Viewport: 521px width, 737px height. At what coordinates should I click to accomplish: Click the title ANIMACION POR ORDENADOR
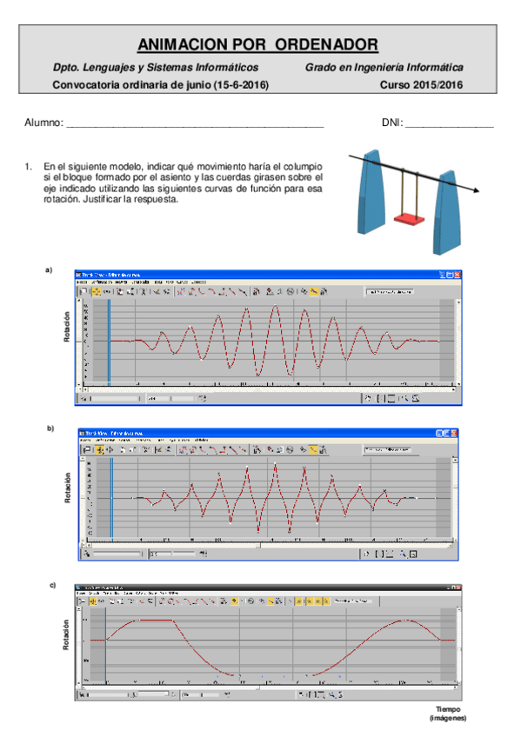click(258, 44)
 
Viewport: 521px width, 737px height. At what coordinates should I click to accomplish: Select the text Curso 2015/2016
click(422, 85)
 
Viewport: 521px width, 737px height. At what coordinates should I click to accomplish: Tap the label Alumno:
click(43, 124)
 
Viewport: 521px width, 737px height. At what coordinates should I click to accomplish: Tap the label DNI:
click(392, 124)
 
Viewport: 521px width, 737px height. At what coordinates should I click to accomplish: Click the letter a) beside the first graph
click(49, 271)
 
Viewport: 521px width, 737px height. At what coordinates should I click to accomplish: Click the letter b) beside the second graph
click(50, 428)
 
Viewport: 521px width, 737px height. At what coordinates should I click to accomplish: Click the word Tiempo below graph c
click(448, 709)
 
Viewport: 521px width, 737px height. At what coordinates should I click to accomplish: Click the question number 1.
click(29, 165)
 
